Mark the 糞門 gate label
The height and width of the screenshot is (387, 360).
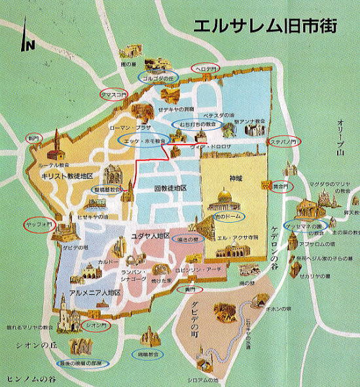click(190, 289)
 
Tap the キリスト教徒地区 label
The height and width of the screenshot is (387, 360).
click(67, 177)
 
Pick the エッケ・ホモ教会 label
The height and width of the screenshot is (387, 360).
click(143, 140)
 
